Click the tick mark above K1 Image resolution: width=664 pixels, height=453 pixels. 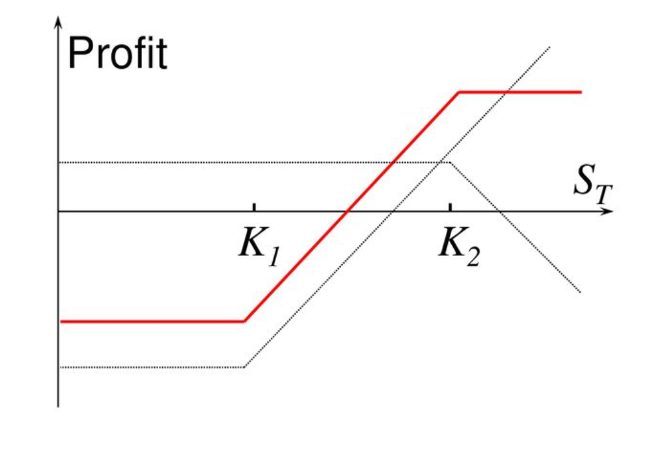point(254,207)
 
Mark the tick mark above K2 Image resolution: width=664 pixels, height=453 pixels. point(450,207)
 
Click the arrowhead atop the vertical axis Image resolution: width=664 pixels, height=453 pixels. point(59,22)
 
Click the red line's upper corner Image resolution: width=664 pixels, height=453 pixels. point(460,92)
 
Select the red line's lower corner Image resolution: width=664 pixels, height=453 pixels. point(244,322)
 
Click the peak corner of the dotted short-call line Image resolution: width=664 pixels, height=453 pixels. point(450,162)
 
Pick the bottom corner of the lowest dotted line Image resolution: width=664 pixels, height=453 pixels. point(245,367)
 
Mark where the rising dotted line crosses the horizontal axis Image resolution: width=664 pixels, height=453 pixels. point(393,211)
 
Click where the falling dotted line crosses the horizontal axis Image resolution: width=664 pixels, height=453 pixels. point(499,211)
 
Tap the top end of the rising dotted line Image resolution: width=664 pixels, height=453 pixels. point(549,47)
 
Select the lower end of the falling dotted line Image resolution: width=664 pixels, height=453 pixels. point(581,292)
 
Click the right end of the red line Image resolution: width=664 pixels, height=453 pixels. point(581,92)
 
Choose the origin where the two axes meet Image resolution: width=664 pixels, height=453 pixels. point(59,211)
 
